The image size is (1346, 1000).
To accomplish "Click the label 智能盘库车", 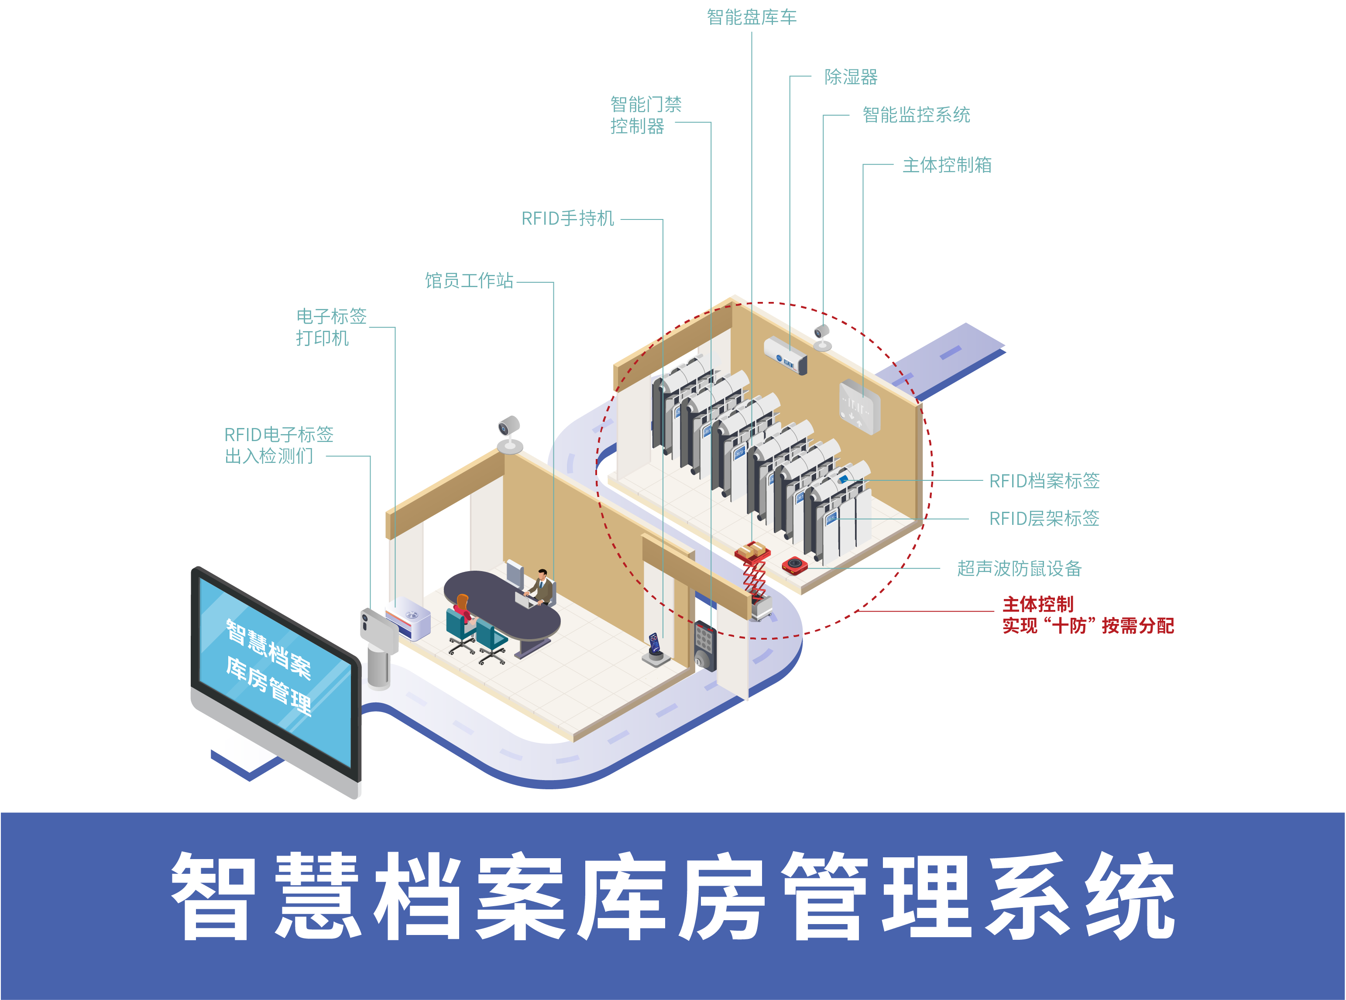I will point(752,17).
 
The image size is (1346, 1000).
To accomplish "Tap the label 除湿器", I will point(851,77).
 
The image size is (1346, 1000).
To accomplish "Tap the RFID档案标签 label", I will point(1044,481).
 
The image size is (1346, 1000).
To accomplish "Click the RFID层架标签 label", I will point(1044,518).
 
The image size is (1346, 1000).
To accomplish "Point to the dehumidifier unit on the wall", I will point(785,355).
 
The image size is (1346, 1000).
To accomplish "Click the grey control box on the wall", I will point(859,406).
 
